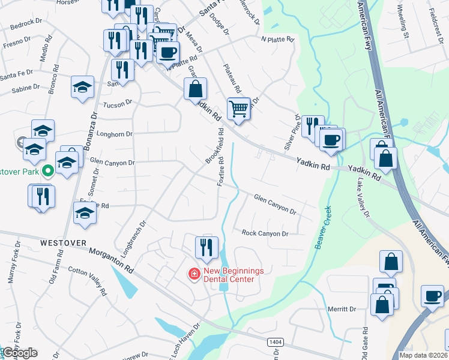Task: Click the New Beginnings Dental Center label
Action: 233,274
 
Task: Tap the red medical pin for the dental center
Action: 194,274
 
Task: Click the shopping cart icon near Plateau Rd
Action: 238,109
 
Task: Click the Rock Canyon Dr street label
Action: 265,233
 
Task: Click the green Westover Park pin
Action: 48,171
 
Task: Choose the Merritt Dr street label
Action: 342,308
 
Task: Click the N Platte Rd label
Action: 277,40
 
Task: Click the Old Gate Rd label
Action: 366,340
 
